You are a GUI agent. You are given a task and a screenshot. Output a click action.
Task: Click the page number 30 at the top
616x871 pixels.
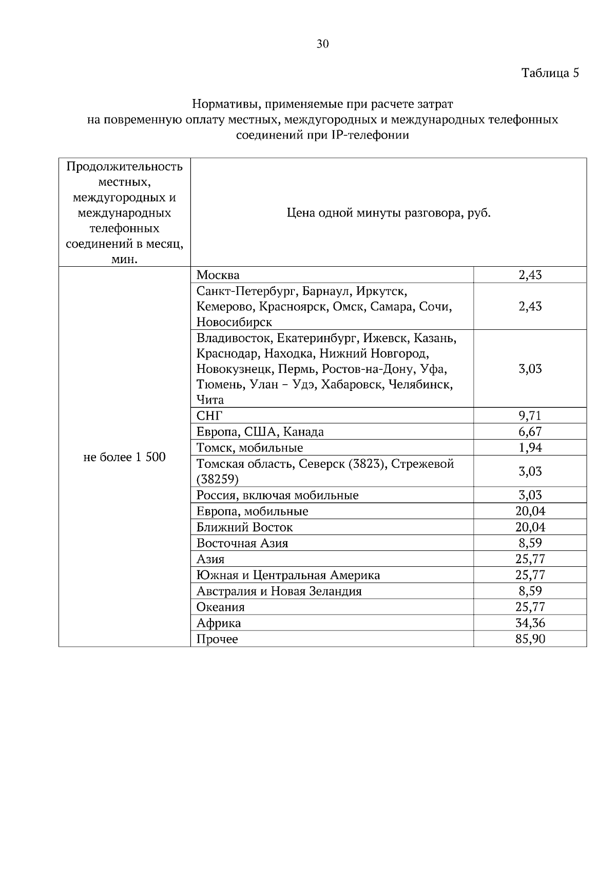(x=322, y=44)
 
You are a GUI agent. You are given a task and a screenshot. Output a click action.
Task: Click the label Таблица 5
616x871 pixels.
(x=550, y=73)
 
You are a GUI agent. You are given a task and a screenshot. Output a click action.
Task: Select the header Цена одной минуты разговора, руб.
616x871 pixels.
(x=389, y=213)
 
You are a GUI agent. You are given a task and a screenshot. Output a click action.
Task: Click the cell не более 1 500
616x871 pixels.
(x=124, y=457)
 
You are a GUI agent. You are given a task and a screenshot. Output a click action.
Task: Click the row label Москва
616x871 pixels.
(x=218, y=275)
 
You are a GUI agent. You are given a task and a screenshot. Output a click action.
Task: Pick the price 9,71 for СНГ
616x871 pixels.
(x=530, y=415)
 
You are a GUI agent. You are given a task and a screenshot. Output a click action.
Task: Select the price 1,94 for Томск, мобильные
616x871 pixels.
(x=530, y=448)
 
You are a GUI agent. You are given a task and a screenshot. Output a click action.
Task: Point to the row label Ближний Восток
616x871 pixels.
(x=244, y=527)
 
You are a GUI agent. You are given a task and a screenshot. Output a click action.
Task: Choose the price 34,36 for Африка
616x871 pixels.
(x=530, y=623)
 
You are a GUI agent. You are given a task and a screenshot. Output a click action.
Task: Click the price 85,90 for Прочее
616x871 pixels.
(x=530, y=639)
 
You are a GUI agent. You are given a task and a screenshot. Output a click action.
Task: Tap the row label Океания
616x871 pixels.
(x=220, y=607)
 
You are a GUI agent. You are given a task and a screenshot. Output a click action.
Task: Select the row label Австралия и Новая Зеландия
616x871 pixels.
(x=279, y=591)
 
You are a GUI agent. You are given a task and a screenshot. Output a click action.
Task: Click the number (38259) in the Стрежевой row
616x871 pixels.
(x=217, y=480)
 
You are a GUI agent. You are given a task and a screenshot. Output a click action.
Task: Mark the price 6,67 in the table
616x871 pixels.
(x=530, y=432)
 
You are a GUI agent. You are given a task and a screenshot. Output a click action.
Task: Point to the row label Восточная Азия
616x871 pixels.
(x=242, y=543)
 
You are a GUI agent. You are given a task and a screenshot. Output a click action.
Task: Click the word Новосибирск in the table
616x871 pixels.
(x=234, y=323)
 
